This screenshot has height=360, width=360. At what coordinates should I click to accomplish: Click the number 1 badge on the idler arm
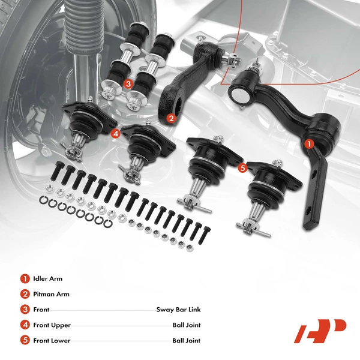309,144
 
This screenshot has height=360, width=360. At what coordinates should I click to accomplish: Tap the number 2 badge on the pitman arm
171,119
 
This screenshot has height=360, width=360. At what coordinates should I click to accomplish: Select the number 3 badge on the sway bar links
128,85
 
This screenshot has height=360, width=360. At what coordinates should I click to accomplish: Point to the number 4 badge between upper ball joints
115,133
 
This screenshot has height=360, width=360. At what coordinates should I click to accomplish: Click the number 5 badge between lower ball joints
242,168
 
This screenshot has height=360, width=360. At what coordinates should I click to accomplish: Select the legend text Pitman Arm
52,294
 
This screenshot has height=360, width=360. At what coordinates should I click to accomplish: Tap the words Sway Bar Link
178,310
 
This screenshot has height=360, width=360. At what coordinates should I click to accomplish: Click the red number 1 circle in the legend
25,278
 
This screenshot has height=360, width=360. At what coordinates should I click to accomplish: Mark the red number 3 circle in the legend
25,310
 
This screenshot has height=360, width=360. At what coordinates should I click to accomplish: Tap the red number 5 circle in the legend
25,341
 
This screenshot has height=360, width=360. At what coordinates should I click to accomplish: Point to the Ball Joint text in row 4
186,325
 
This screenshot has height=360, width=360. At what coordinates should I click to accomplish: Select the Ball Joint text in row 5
186,341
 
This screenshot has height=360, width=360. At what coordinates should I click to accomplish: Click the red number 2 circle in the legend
25,294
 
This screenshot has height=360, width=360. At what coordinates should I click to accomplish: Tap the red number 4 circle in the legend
25,325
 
